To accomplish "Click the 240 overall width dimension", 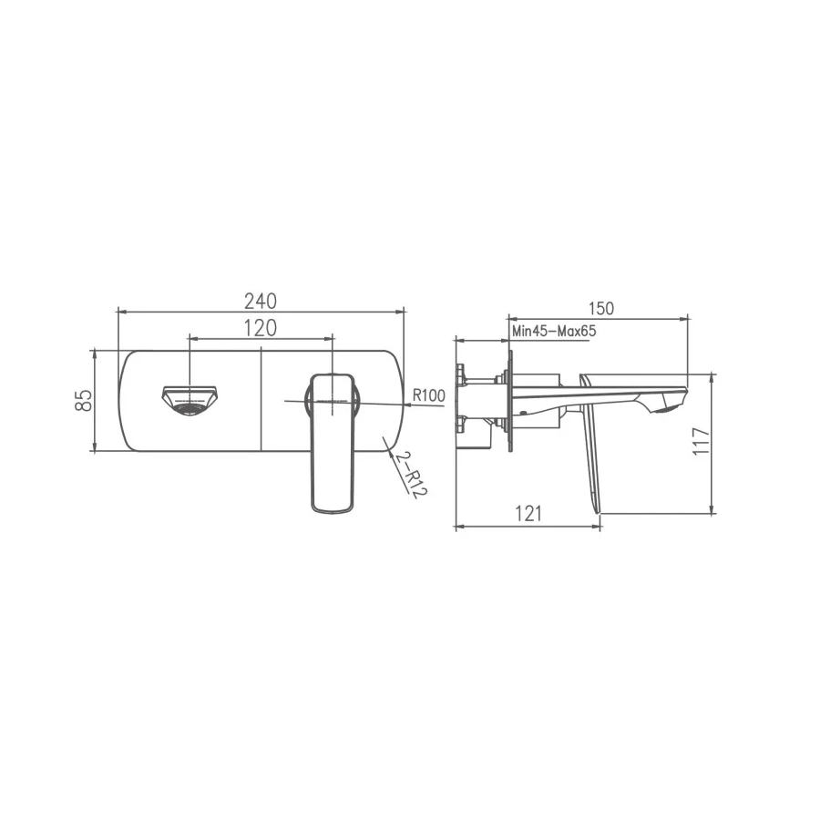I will point(260,300).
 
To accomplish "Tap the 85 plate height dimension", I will point(83,401).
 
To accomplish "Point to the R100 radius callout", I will point(428,395).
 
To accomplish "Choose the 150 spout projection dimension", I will point(600,309).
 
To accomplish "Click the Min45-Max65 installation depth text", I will point(553,332).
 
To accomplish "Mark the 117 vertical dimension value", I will point(701,442).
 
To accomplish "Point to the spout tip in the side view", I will point(670,401).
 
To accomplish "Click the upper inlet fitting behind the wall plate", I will point(463,375).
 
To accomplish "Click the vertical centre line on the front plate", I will point(261,401).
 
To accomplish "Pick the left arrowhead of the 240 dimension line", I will point(120,312).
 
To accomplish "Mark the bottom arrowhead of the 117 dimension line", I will point(712,510).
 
